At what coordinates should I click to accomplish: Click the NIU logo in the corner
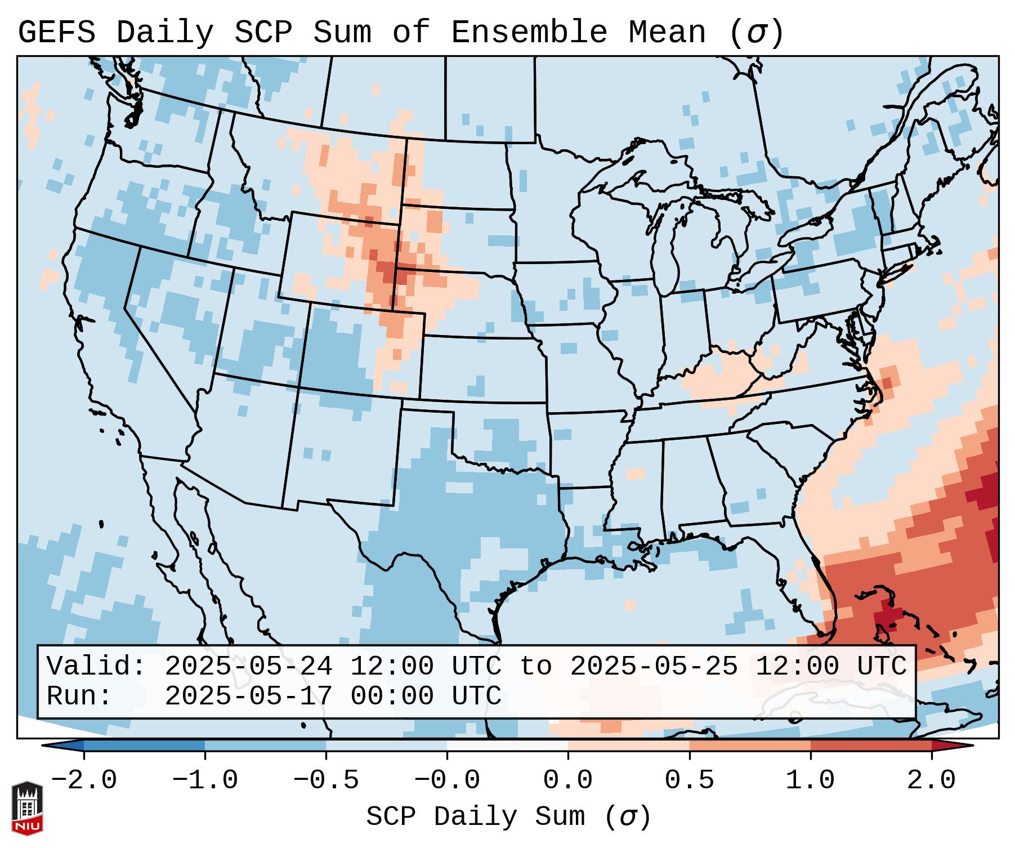[x=27, y=808]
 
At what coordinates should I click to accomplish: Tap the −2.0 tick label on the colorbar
[x=84, y=780]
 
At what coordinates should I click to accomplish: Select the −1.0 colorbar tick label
[x=205, y=780]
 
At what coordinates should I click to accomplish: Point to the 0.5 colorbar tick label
[x=690, y=780]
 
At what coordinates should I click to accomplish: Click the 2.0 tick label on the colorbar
[x=932, y=780]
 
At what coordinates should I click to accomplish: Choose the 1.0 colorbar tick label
[x=811, y=780]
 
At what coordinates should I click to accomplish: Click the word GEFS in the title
[x=57, y=32]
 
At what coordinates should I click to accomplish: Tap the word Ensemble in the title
[x=529, y=32]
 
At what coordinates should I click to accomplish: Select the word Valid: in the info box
[x=96, y=666]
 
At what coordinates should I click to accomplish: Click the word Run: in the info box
[x=79, y=696]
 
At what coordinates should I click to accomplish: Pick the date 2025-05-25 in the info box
[x=654, y=666]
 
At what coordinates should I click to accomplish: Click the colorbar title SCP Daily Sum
[x=476, y=816]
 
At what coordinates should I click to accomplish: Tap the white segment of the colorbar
[x=507, y=746]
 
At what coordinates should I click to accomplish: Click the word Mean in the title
[x=667, y=32]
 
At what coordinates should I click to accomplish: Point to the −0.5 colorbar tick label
[x=326, y=780]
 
